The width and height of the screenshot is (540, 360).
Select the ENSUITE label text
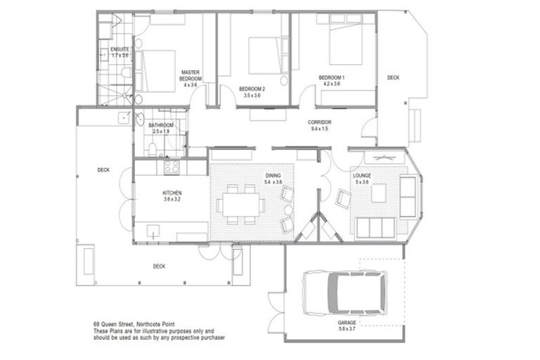pos(120,49)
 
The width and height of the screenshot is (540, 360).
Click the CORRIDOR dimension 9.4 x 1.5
pos(320,129)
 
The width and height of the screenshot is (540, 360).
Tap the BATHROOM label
pos(161,126)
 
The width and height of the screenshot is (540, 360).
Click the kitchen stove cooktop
pos(171,167)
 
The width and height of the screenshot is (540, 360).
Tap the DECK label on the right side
pos(393,78)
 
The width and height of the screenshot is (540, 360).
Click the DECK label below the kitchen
pos(159,266)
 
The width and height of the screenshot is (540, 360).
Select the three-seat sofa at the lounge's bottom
pos(372,227)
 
